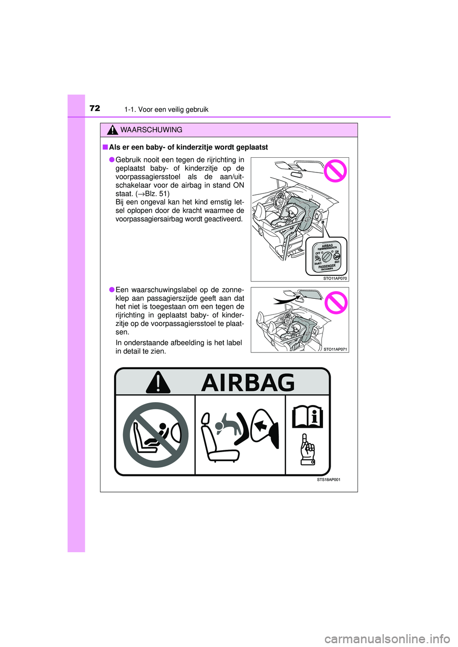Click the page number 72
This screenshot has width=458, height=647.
point(95,108)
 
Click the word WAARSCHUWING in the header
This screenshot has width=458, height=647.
point(151,130)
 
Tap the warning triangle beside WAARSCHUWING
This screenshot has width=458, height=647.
point(113,130)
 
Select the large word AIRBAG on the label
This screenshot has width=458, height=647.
point(248,383)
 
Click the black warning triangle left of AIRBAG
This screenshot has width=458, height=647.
point(158,383)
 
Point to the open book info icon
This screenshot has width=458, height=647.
point(308,417)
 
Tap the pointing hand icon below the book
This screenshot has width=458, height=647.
point(308,450)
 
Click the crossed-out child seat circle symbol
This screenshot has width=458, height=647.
point(156,435)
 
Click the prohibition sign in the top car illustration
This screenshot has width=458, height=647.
point(335,171)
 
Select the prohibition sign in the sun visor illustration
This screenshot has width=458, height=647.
point(336,303)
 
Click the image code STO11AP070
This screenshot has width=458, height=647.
point(335,278)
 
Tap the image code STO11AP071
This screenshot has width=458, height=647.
point(335,349)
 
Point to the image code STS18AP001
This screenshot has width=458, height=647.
point(329,480)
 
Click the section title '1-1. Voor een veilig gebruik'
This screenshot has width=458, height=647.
point(166,110)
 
